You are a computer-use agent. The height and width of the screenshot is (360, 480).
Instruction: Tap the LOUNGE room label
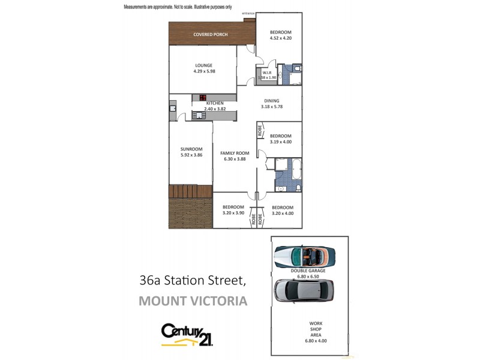pos(204,65)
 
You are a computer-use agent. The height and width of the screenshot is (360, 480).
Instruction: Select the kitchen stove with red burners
pos(203,98)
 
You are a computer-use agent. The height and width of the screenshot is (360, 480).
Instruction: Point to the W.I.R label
pos(267,73)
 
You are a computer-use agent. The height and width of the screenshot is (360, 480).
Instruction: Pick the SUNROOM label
pos(191,149)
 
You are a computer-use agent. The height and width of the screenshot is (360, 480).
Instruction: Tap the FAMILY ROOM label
pos(234,153)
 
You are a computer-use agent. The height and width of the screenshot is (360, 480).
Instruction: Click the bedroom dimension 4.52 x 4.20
pos(280,38)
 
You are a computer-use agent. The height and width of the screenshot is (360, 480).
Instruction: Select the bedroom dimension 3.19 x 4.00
pos(280,142)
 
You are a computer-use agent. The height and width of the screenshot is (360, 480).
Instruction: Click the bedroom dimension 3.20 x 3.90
pos(233,213)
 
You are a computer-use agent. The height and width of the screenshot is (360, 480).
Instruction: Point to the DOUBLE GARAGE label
pos(308,271)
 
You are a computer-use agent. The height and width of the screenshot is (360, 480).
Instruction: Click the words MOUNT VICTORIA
pos(193,301)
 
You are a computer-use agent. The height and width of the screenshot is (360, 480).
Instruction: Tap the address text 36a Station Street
pos(193,280)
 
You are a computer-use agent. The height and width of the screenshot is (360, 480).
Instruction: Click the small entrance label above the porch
pos(248,13)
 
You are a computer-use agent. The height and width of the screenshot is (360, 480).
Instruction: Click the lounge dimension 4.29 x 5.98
pos(204,71)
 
